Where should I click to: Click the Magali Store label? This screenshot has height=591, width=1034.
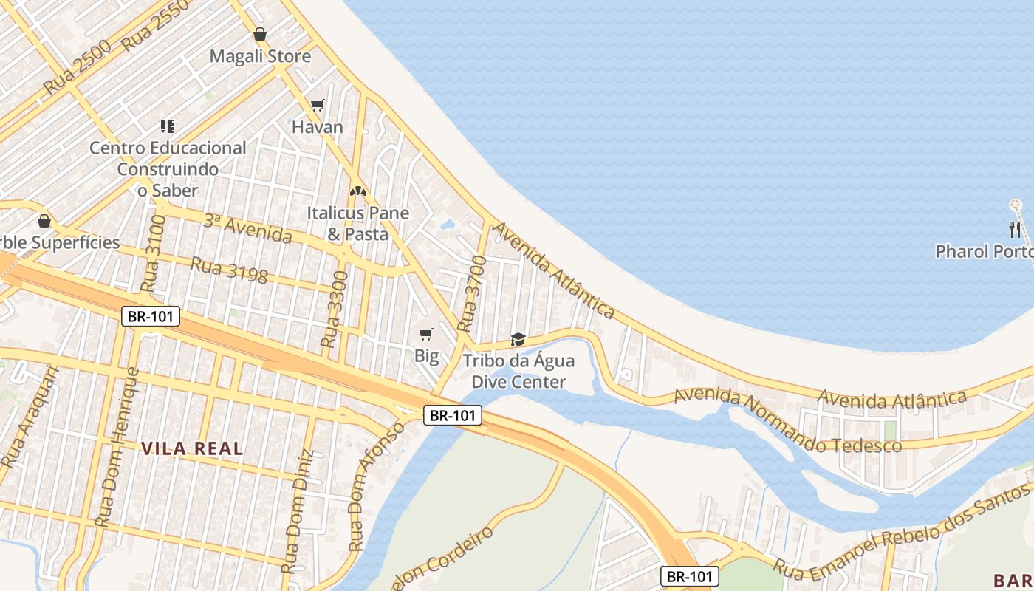260,56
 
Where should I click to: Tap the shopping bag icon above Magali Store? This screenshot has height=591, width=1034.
260,34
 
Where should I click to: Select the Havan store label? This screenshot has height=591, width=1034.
318,127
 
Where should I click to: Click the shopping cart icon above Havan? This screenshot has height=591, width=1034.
318,105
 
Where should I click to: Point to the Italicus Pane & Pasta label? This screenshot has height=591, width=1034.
358,223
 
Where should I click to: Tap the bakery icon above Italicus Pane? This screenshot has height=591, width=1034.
358,191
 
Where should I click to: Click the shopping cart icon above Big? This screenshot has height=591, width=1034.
426,335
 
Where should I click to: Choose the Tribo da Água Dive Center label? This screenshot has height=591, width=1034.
518,372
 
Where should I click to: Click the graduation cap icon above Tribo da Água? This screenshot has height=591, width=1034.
518,340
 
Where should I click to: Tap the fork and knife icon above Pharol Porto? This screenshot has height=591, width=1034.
1015,229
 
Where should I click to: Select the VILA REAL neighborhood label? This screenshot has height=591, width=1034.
192,448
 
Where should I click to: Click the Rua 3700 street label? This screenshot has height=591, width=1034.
473,293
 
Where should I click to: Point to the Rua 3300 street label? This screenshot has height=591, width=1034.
335,310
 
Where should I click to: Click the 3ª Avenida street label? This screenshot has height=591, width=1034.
247,228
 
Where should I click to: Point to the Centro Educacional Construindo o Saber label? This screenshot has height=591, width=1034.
168,169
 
